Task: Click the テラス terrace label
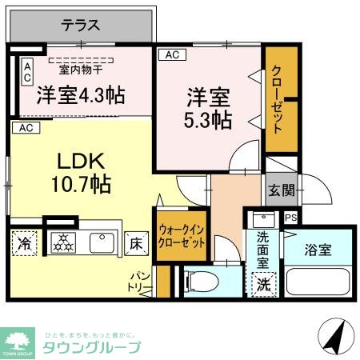click(81, 26)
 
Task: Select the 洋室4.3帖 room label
click(80, 95)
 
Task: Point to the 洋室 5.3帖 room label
click(209, 110)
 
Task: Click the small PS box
click(290, 216)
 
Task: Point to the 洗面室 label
click(262, 249)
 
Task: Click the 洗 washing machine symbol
click(262, 283)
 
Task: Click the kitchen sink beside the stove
click(102, 242)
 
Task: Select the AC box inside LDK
click(25, 128)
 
